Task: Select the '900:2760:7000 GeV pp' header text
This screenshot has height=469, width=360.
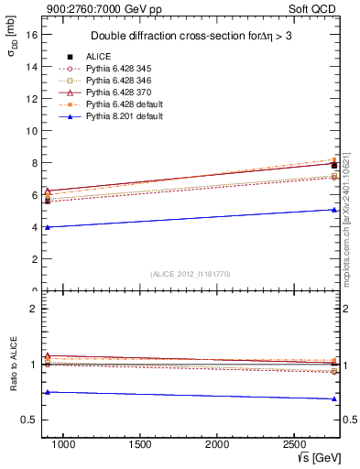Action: [101, 9]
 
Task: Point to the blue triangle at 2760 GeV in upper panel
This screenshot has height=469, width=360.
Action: [334, 210]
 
